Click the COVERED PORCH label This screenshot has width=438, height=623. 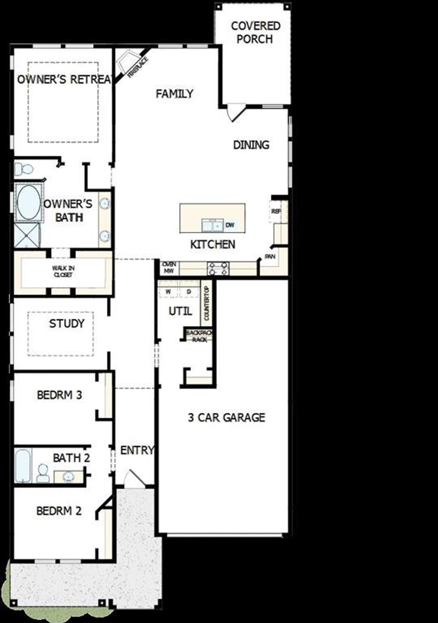255,33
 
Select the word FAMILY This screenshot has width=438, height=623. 175,94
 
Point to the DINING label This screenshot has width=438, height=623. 251,145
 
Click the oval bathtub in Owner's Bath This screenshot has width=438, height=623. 28,203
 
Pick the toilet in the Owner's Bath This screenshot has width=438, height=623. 24,169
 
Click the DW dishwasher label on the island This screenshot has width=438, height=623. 230,225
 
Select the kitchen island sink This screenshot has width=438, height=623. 212,225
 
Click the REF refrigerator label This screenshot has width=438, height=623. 276,212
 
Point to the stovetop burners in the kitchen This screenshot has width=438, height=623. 218,268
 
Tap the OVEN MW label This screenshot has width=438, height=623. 169,268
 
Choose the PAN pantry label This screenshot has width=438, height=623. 270,256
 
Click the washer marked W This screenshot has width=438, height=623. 168,292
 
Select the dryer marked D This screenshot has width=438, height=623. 189,292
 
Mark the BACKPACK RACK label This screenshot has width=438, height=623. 199,336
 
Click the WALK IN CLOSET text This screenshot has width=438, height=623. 63,271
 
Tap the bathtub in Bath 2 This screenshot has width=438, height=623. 23,466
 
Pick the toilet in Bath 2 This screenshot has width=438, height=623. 43,474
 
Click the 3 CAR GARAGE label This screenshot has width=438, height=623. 227,418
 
